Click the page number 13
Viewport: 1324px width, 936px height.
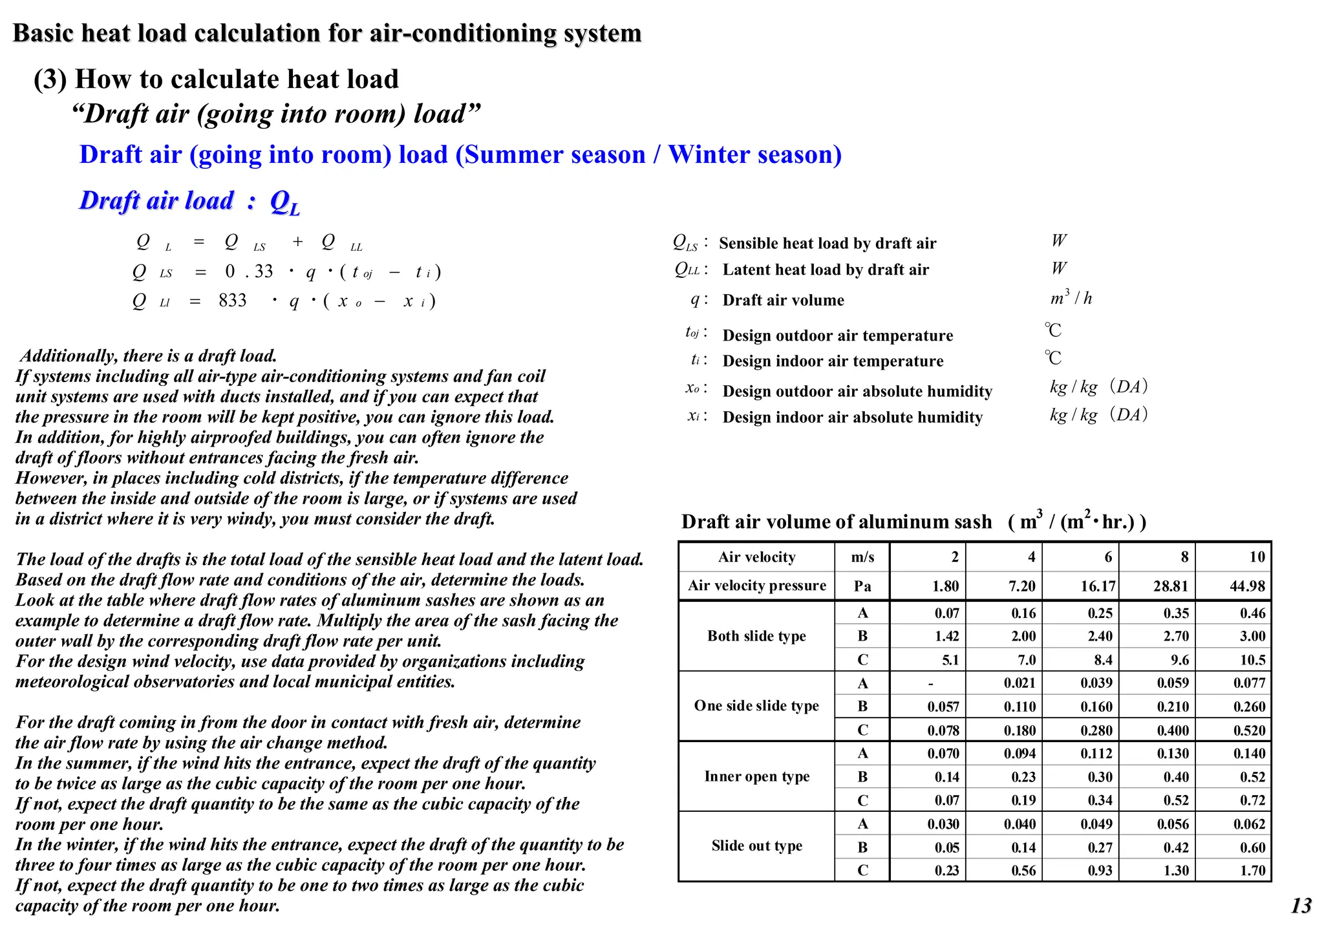(1301, 906)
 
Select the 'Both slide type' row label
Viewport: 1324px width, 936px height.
(756, 636)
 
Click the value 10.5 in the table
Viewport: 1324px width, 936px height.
(1252, 660)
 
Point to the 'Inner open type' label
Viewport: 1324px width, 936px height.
(756, 776)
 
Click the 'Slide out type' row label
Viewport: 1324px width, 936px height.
(756, 846)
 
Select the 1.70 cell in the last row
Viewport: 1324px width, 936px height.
(1252, 871)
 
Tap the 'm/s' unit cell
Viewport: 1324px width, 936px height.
(862, 557)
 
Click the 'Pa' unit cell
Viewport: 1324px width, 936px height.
(862, 586)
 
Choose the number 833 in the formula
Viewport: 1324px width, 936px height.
(233, 301)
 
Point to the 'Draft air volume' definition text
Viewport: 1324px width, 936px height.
(783, 301)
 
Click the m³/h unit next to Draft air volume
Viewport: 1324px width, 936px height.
(1071, 298)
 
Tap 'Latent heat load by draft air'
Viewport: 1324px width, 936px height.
(825, 270)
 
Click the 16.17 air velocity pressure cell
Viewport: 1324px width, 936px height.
(1098, 586)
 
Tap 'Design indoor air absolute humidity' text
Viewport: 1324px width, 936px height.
(852, 418)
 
